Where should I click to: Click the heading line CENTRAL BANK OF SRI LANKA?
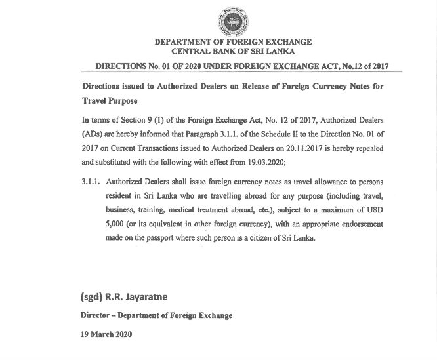(233, 51)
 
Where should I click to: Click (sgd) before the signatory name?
(90, 297)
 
